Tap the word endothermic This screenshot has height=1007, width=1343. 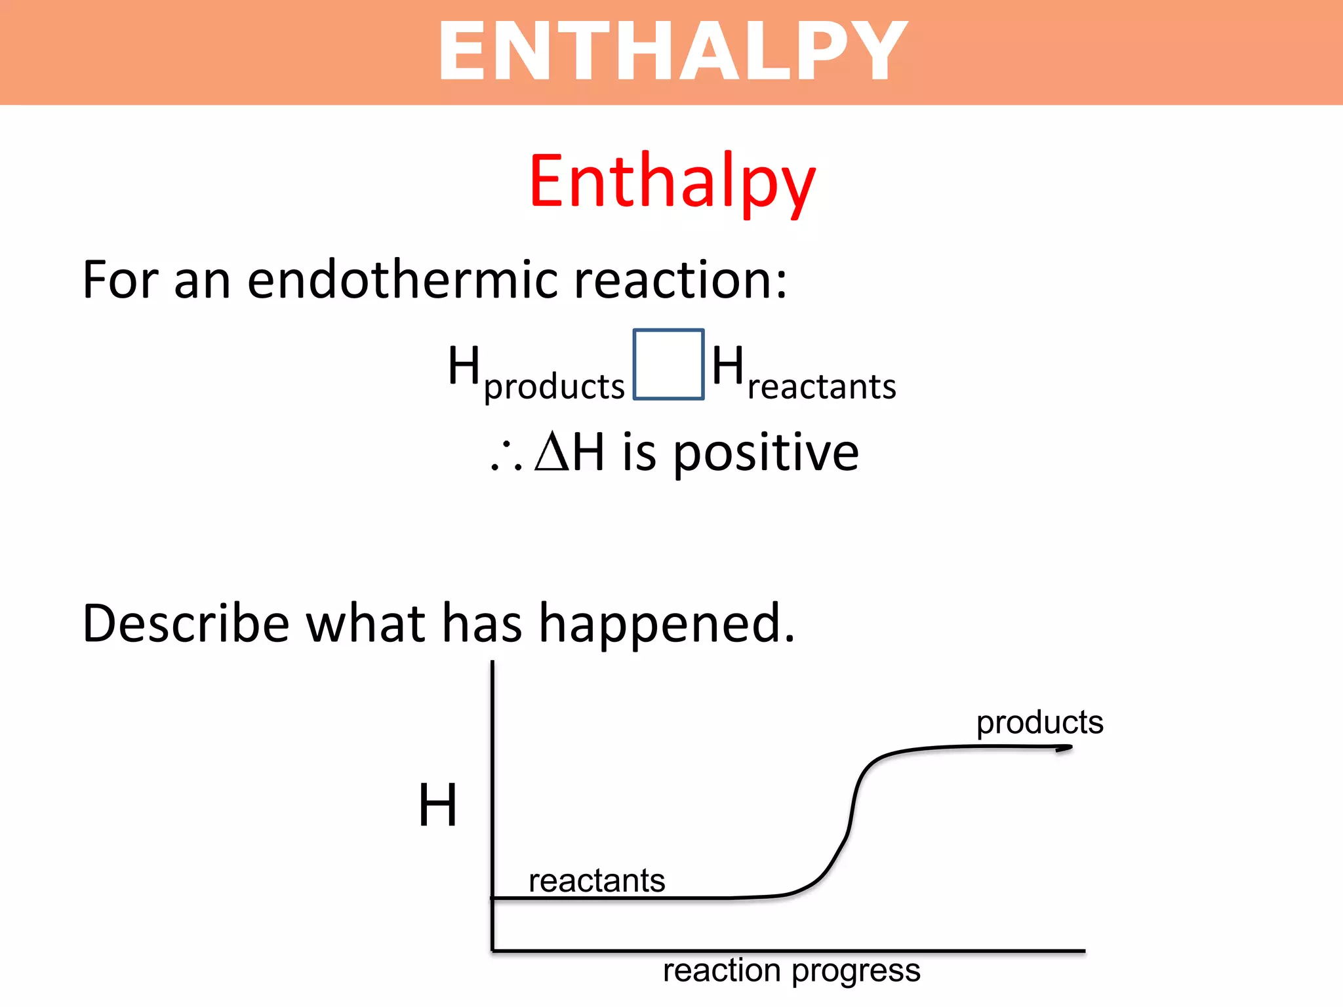403,280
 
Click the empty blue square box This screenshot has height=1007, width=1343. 668,365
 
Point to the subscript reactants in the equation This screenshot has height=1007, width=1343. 821,387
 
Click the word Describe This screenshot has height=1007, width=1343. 186,623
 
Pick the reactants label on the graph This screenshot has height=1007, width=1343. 597,880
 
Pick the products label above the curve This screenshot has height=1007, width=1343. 1039,722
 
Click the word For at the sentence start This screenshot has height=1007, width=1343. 119,280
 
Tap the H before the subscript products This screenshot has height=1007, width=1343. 464,365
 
